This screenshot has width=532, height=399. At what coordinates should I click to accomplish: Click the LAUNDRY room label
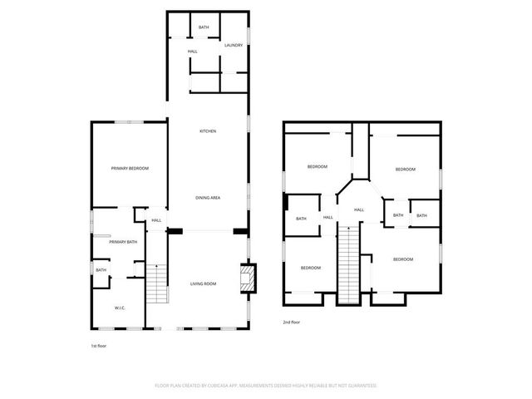pyautogui.click(x=234, y=45)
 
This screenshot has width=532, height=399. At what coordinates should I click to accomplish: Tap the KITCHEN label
pyautogui.click(x=208, y=131)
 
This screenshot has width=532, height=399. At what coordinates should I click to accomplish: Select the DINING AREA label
pyautogui.click(x=208, y=197)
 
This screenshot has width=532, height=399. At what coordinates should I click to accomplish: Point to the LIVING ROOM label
pyautogui.click(x=203, y=284)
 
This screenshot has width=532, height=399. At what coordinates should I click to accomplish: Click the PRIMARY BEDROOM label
pyautogui.click(x=130, y=169)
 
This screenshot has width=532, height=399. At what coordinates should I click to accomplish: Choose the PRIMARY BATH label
pyautogui.click(x=121, y=242)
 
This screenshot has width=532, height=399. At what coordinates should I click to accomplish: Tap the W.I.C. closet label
pyautogui.click(x=120, y=308)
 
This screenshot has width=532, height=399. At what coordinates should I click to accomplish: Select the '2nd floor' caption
pyautogui.click(x=291, y=321)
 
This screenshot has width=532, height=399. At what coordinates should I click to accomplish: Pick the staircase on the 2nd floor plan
pyautogui.click(x=349, y=266)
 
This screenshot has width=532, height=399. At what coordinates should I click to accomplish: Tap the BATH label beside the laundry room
pyautogui.click(x=204, y=27)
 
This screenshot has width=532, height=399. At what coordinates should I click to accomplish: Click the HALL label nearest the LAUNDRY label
pyautogui.click(x=192, y=52)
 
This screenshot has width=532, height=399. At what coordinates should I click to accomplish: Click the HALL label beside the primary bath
pyautogui.click(x=155, y=220)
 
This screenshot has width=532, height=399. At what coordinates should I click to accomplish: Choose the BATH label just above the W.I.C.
pyautogui.click(x=101, y=269)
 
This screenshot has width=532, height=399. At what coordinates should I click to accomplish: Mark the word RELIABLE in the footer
pyautogui.click(x=319, y=386)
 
